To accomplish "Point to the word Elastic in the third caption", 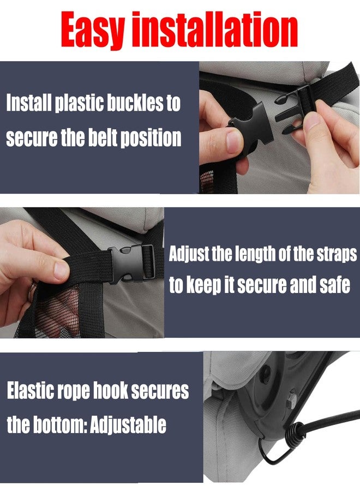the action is tap(26, 391).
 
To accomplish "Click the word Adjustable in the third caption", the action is tap(128, 425).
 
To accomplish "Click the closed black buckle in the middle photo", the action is tap(131, 264).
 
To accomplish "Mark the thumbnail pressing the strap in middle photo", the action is tap(61, 270).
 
